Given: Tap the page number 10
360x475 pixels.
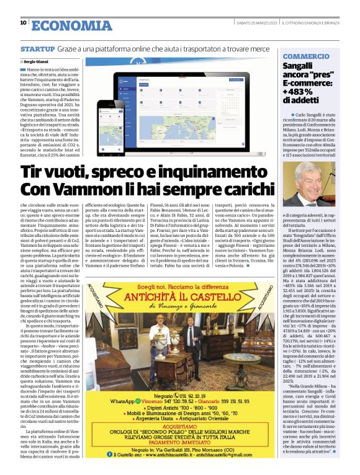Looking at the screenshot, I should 23,24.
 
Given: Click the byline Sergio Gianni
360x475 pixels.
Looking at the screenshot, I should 37,62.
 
